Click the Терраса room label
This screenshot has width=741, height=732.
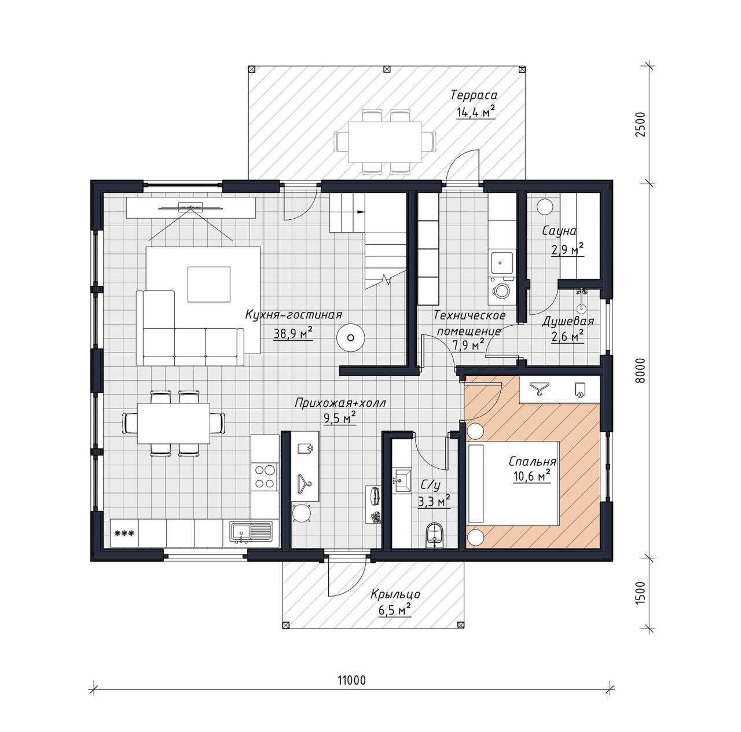coord(474,94)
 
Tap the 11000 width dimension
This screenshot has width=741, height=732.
coord(352,680)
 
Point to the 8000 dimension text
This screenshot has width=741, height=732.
coord(640,370)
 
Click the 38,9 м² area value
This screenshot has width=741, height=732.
coord(292,333)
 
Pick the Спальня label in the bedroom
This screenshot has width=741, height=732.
coord(533,461)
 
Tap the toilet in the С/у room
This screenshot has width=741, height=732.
coord(435,535)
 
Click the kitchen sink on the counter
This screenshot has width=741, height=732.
coord(251,532)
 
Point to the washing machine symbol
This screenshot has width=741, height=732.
coord(501,290)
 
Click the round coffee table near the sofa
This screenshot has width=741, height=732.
coord(350,337)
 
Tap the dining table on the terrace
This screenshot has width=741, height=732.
coord(384,142)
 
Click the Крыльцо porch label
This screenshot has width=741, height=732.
coord(395,594)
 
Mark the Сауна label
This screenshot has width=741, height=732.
coord(559,231)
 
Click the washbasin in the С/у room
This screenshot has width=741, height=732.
coord(401,479)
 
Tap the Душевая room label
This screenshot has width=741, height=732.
coord(567,321)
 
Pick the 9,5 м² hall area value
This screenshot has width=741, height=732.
coord(340,418)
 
